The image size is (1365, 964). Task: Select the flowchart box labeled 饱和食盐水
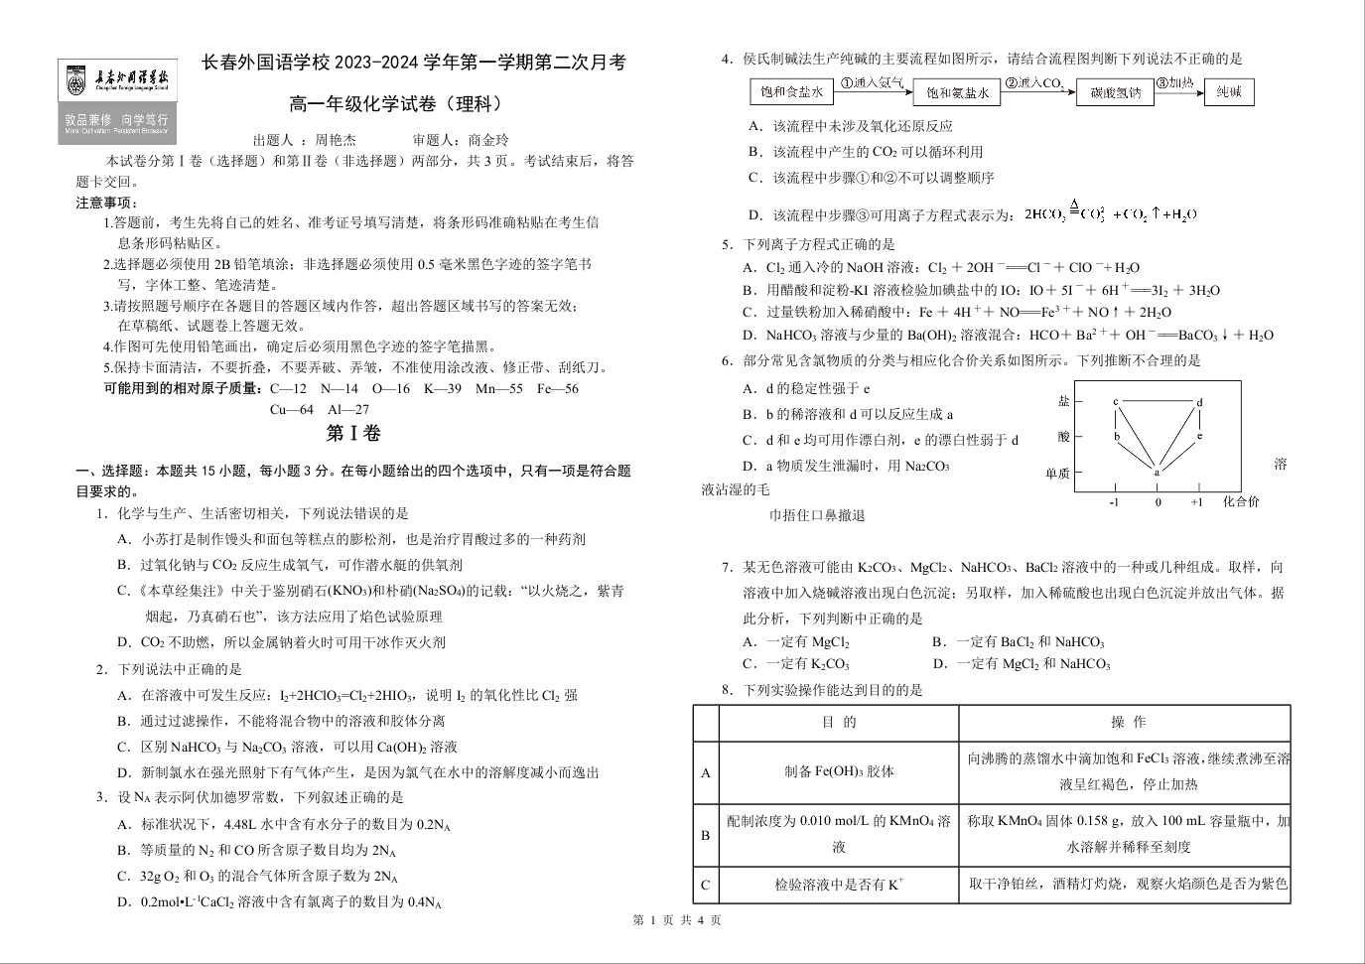coord(790,92)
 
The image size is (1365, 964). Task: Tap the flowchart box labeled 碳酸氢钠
coord(1115,93)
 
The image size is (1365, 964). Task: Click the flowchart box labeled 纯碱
coord(1229,92)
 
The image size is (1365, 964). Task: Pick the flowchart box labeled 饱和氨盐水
coord(957,93)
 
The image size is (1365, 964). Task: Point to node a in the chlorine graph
coord(1157,472)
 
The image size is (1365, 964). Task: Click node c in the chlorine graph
coord(1115,401)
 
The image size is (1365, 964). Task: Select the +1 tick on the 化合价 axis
coord(1197,502)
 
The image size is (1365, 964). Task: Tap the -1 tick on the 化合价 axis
coord(1114,502)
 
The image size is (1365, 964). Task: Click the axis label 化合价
coord(1241,502)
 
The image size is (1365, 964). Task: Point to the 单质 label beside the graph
coord(1057,474)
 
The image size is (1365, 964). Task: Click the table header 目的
coord(839,722)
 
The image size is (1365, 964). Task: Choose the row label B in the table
coord(706,835)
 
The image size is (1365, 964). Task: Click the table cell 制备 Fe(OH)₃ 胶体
coord(839,771)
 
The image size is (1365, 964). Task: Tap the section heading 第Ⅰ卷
coord(353,434)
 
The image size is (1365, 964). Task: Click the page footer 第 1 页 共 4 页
coord(676,920)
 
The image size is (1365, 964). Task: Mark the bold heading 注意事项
coord(107,203)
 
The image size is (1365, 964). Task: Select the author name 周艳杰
coord(335,140)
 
